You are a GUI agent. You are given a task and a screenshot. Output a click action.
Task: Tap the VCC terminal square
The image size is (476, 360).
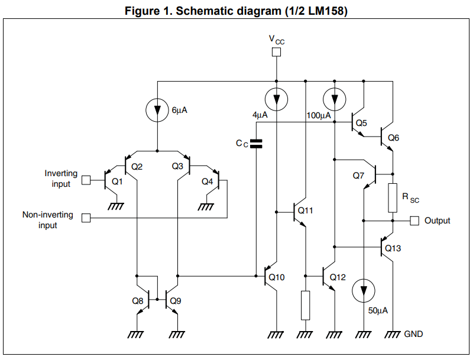point(276,52)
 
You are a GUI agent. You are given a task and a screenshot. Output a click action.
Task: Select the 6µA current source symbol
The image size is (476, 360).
point(157,110)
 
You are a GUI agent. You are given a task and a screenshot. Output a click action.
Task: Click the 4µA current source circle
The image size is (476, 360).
point(276,98)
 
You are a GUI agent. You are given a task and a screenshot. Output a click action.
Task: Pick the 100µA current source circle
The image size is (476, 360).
point(335,98)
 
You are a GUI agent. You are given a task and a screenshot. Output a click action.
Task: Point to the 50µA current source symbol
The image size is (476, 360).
point(362,291)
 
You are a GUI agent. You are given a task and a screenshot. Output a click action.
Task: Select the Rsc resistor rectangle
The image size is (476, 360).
point(392,197)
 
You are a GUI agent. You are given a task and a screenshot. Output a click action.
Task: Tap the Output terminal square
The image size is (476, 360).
point(414,220)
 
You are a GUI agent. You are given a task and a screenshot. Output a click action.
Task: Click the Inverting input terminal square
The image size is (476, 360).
point(86,179)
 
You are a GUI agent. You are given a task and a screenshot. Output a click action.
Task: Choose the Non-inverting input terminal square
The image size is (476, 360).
point(86,218)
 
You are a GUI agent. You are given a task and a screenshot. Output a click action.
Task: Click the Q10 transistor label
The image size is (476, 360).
point(277,277)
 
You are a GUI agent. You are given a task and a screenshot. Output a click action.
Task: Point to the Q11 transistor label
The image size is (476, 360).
point(306,210)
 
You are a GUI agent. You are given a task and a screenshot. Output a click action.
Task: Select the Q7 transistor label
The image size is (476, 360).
point(358,176)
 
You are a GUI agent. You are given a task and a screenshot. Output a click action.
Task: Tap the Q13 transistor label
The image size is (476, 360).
point(393,248)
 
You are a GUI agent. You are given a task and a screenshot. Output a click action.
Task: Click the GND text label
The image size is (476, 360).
point(413,334)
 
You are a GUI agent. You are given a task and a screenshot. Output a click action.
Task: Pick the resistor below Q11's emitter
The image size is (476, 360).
point(305,305)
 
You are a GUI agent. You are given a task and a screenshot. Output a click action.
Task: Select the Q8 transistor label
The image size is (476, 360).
point(137,300)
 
